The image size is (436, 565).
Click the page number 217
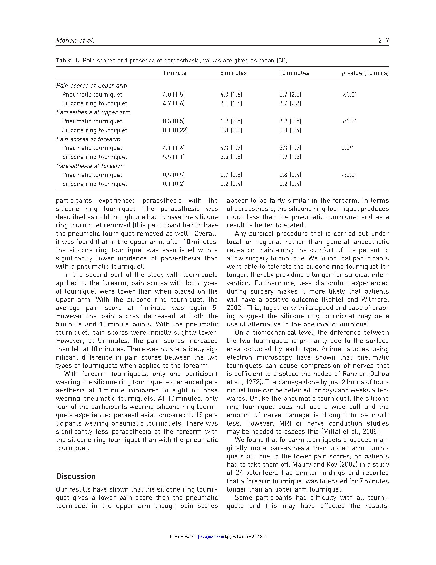pos(383,40)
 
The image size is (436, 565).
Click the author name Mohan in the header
pos(66,40)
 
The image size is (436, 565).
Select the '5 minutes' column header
pos(233,73)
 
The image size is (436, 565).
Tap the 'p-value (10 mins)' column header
pos(365,73)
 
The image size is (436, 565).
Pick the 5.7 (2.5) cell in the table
pos(290,95)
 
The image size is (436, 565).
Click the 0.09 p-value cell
pos(347,148)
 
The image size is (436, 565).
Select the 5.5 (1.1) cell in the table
pos(174,157)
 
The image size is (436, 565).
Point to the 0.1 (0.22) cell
pos(175,130)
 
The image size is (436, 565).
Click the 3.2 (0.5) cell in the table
pos(290,121)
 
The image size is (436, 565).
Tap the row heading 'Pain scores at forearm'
pos(88,139)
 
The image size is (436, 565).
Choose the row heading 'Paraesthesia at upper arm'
pos(93,112)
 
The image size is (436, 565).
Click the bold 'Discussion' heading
pos(76,476)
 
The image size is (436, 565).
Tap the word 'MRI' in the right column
pos(285,423)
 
